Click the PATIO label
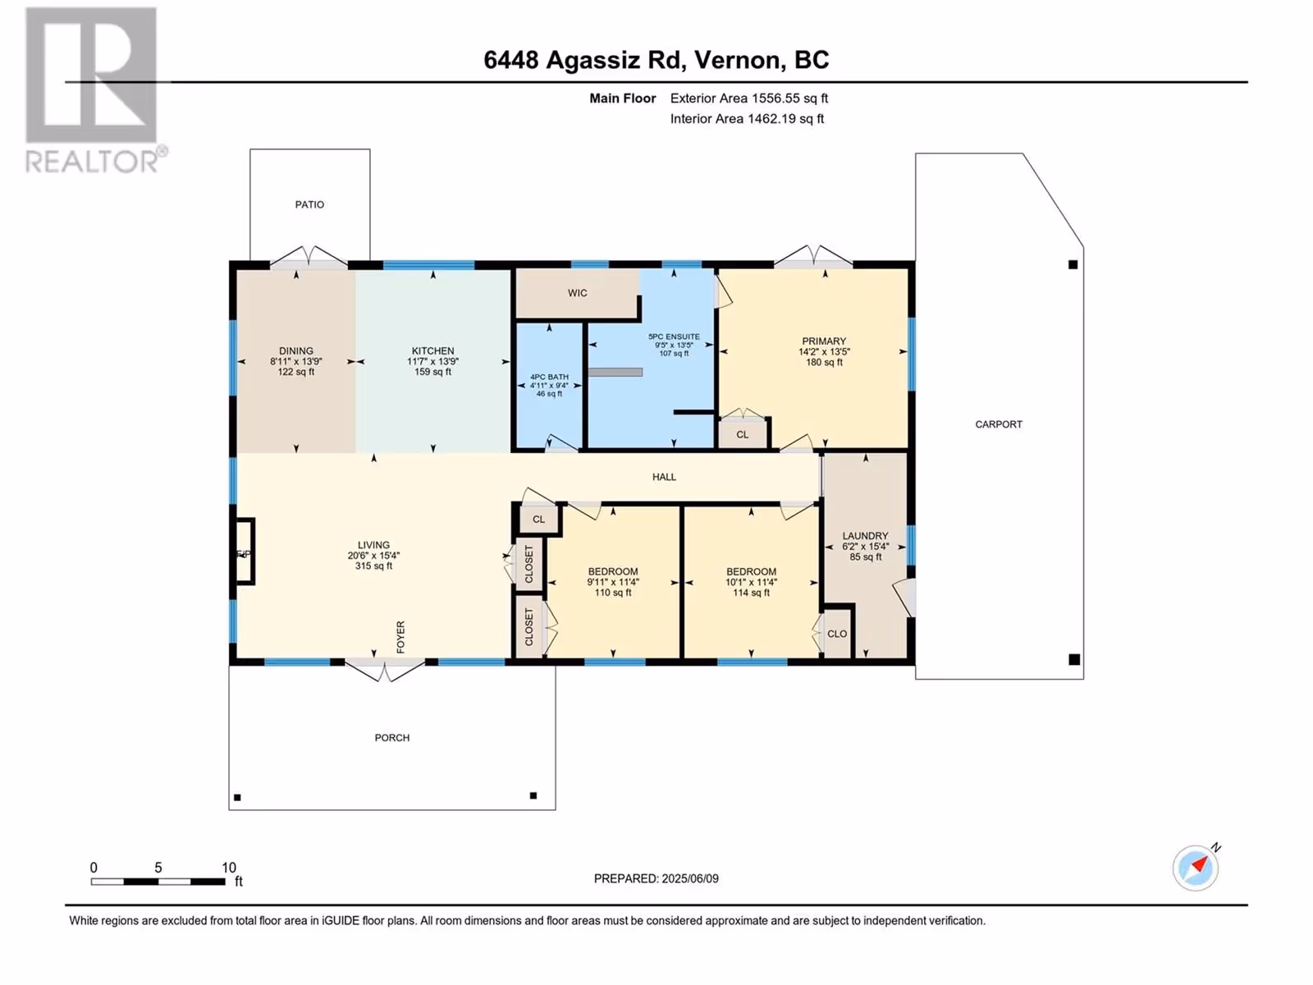click(x=309, y=204)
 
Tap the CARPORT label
click(x=999, y=424)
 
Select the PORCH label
click(x=391, y=737)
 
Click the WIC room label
click(x=577, y=292)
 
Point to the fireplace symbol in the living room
click(x=244, y=551)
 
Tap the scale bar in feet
click(x=158, y=881)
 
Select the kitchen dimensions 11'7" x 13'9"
click(x=432, y=361)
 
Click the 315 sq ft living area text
click(x=373, y=566)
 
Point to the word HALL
click(x=664, y=477)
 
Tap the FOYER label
click(x=400, y=636)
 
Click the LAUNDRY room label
click(x=865, y=536)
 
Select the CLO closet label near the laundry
click(x=837, y=634)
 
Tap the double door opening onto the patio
click(x=309, y=257)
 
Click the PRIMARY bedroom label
click(x=824, y=341)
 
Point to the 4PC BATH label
click(x=549, y=377)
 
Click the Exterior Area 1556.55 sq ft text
click(x=749, y=98)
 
